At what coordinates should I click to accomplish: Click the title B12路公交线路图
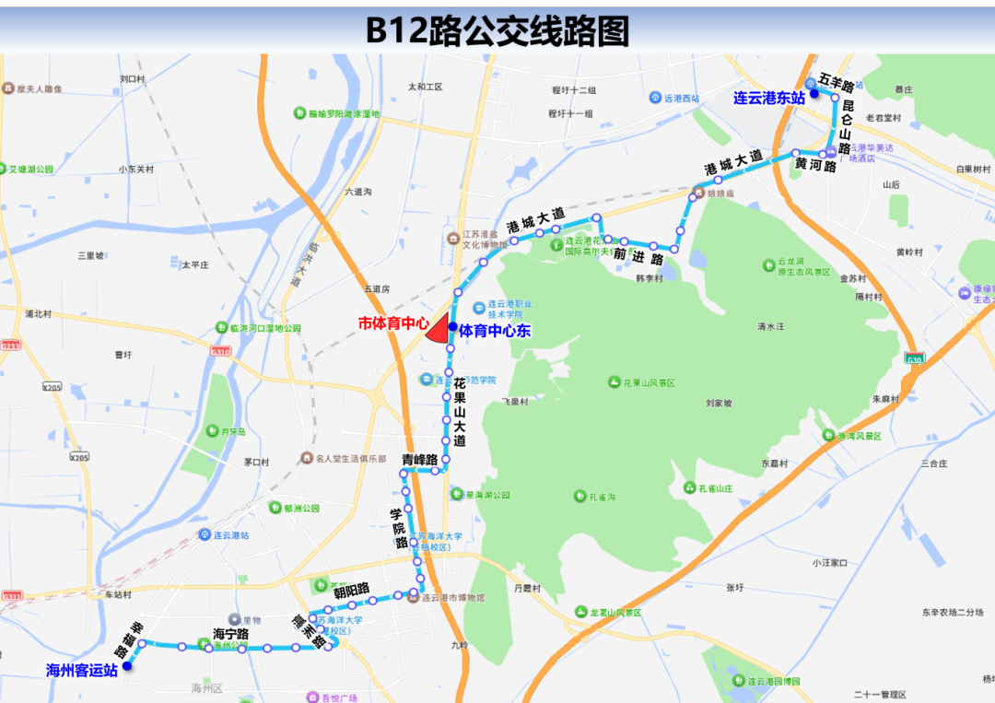click(x=497, y=30)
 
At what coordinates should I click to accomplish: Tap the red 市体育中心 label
click(x=393, y=323)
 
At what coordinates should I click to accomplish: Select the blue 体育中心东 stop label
click(x=495, y=331)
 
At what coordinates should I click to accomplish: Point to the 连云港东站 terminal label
click(x=769, y=97)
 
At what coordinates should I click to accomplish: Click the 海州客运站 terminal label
click(x=82, y=671)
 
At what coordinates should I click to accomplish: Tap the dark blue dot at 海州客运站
click(x=127, y=666)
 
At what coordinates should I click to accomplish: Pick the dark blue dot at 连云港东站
click(x=814, y=94)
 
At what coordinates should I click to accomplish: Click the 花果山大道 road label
click(x=459, y=412)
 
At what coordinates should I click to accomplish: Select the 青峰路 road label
click(x=418, y=458)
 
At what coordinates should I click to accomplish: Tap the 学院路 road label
click(x=400, y=528)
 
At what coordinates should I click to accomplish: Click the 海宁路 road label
click(x=231, y=634)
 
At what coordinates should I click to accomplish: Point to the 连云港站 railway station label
click(x=227, y=534)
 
